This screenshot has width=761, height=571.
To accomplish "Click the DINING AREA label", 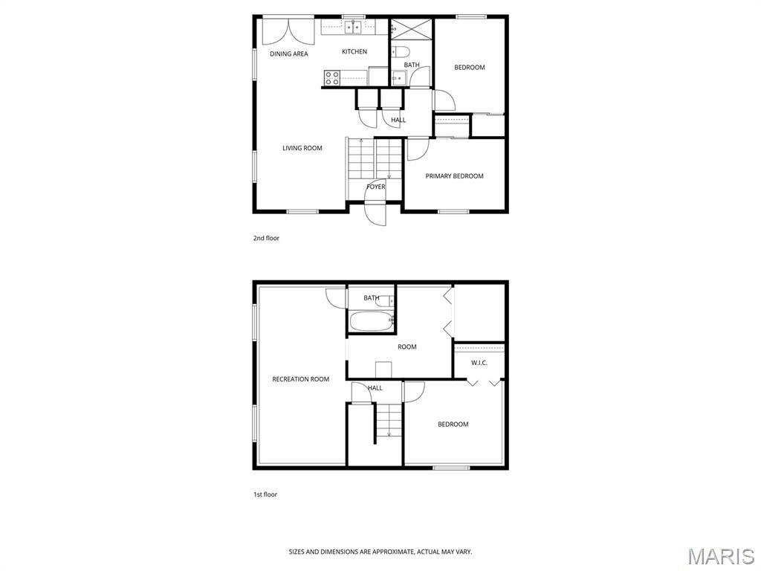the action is pos(289,54).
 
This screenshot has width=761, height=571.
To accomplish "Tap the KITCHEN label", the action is pos(354,51).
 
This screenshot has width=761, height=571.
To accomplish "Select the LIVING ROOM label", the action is pos(302,148).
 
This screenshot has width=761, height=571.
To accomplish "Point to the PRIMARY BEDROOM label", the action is pos(454,175).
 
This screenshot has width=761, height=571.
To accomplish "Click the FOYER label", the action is pos(375,187).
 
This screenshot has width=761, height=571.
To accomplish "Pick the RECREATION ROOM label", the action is pos(300,379).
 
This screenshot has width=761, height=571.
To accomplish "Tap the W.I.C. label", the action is pos(479,363).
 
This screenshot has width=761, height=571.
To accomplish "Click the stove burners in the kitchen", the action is pos(332,77).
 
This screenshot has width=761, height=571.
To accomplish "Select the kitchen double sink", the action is pos(353,28).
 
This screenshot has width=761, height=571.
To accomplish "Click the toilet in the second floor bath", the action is pos(401,51).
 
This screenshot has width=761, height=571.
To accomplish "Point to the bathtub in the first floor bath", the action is pos(372,321).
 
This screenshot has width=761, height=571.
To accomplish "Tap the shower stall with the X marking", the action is pos(411,29).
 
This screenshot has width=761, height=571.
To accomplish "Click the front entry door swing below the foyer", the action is pos(375,213).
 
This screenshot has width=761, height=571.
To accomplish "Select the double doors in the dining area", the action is pos(289,32).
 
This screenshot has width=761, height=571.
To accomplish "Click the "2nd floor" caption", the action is pos(266,238).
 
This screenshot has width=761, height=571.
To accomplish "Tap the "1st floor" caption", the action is pos(265,494).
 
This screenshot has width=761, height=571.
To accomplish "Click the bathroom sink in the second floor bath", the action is pos(399,77).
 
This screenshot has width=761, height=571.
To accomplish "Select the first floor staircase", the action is pos(389,421).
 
